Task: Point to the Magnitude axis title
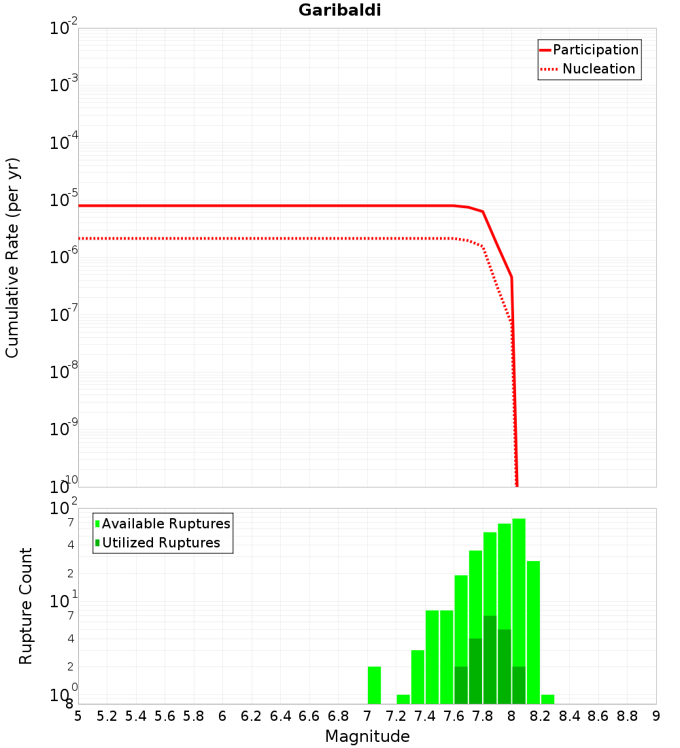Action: (x=367, y=736)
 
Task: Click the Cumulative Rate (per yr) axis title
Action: (x=12, y=258)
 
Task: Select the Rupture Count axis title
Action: (x=26, y=606)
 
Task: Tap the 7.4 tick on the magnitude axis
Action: (x=425, y=716)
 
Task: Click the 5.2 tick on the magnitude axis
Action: (x=107, y=716)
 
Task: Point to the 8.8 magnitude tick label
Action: (x=627, y=716)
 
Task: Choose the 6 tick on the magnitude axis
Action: (x=222, y=716)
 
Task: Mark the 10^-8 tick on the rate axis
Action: (x=64, y=372)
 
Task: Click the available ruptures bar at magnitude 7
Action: (x=374, y=685)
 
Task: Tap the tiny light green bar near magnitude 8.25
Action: (x=547, y=699)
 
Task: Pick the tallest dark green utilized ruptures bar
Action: (x=490, y=660)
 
